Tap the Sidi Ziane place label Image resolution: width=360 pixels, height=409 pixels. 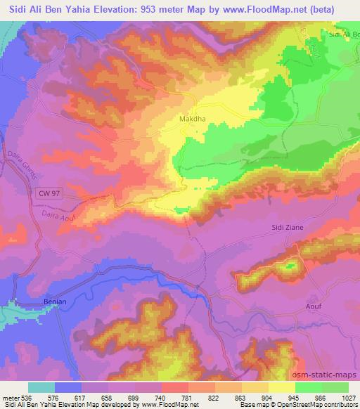click(287, 228)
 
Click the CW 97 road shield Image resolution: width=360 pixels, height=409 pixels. click(45, 190)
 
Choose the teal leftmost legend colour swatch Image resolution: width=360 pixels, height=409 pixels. click(41, 387)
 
